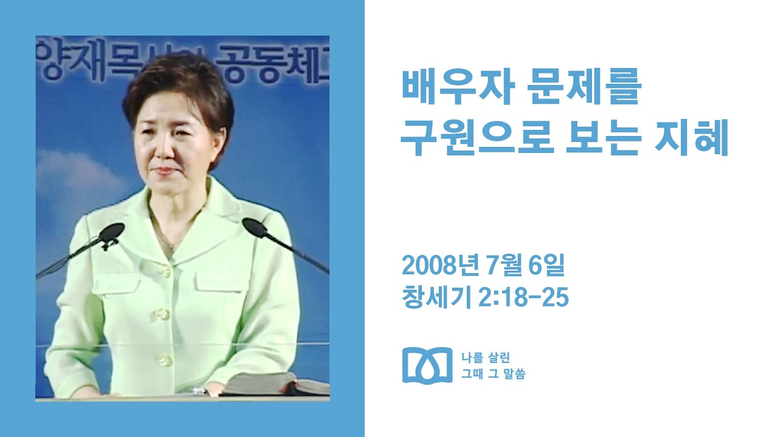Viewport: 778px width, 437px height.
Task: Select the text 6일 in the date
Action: (x=551, y=265)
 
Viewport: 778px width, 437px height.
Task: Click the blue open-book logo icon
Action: (x=427, y=365)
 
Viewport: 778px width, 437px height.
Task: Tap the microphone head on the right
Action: (x=255, y=228)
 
